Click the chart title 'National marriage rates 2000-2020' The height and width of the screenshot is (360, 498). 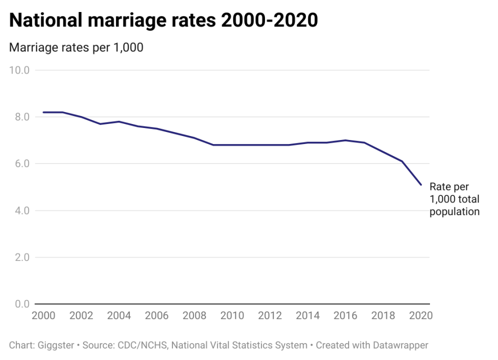click(163, 21)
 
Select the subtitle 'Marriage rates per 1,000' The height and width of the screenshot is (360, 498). click(76, 47)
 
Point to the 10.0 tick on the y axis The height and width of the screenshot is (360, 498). click(20, 70)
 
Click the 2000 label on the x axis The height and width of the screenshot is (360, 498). click(43, 316)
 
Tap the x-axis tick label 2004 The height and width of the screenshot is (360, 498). click(119, 316)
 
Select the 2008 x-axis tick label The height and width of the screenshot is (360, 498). click(194, 316)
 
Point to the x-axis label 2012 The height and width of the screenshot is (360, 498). click(270, 316)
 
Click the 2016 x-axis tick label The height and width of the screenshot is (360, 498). click(345, 316)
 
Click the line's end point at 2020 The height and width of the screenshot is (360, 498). click(421, 185)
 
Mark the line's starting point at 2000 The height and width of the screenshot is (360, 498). click(43, 112)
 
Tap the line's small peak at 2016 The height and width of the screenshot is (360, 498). click(345, 140)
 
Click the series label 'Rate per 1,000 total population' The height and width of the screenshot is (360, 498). click(454, 199)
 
